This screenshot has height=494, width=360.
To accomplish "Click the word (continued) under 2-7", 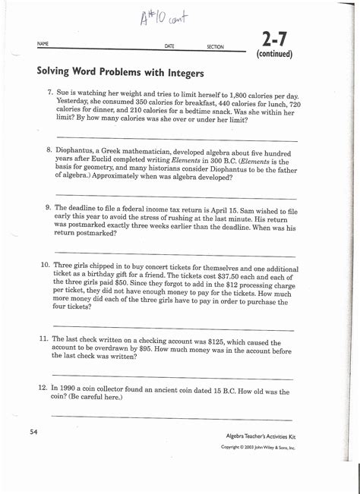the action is pos(274,55).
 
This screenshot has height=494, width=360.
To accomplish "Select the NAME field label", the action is pos(43,45).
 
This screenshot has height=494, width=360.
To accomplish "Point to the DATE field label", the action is pos(169,46).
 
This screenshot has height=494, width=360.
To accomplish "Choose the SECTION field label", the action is pos(215,47).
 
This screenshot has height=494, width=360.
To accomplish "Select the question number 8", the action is pos(48,150).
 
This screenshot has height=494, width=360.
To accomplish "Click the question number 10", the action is pos(45,266).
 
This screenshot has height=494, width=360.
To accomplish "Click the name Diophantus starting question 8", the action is pos(77,151).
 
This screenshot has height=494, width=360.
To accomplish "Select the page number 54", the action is pos(33,432).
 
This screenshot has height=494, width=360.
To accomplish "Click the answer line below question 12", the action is pos(171,418).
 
